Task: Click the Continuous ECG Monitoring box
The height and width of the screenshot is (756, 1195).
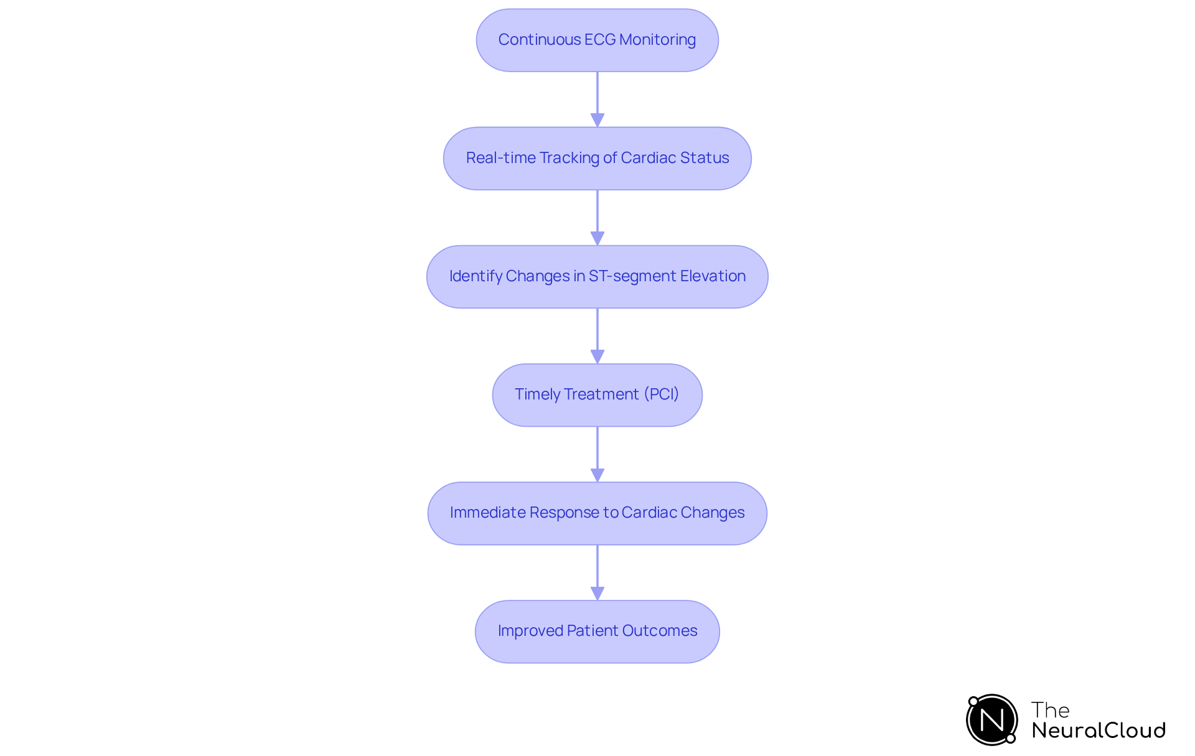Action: coord(597,40)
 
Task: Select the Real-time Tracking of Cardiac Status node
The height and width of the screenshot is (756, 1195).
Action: coord(597,158)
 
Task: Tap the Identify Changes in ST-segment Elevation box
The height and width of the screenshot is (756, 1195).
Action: coord(597,276)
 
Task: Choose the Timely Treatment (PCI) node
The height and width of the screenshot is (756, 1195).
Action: coord(597,394)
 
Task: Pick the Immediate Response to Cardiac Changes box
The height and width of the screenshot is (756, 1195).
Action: coord(597,513)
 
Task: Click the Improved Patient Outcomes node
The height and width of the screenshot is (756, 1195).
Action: coord(597,631)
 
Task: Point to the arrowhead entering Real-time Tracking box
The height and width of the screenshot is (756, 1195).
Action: coord(597,120)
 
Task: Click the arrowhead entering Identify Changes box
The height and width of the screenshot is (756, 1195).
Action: coord(597,238)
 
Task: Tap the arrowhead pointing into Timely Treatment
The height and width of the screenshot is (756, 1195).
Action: coord(597,357)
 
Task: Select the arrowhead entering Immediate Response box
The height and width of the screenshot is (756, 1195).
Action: coord(597,475)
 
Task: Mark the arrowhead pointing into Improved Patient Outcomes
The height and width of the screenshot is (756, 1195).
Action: coord(597,593)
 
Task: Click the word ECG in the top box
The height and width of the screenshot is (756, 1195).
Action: coord(600,40)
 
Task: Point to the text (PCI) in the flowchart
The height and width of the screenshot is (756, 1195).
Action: coord(661,394)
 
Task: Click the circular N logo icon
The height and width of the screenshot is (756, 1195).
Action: coord(991,720)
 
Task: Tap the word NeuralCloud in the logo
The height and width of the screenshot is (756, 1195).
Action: coord(1098,730)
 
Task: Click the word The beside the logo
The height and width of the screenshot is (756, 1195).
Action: coord(1050,710)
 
